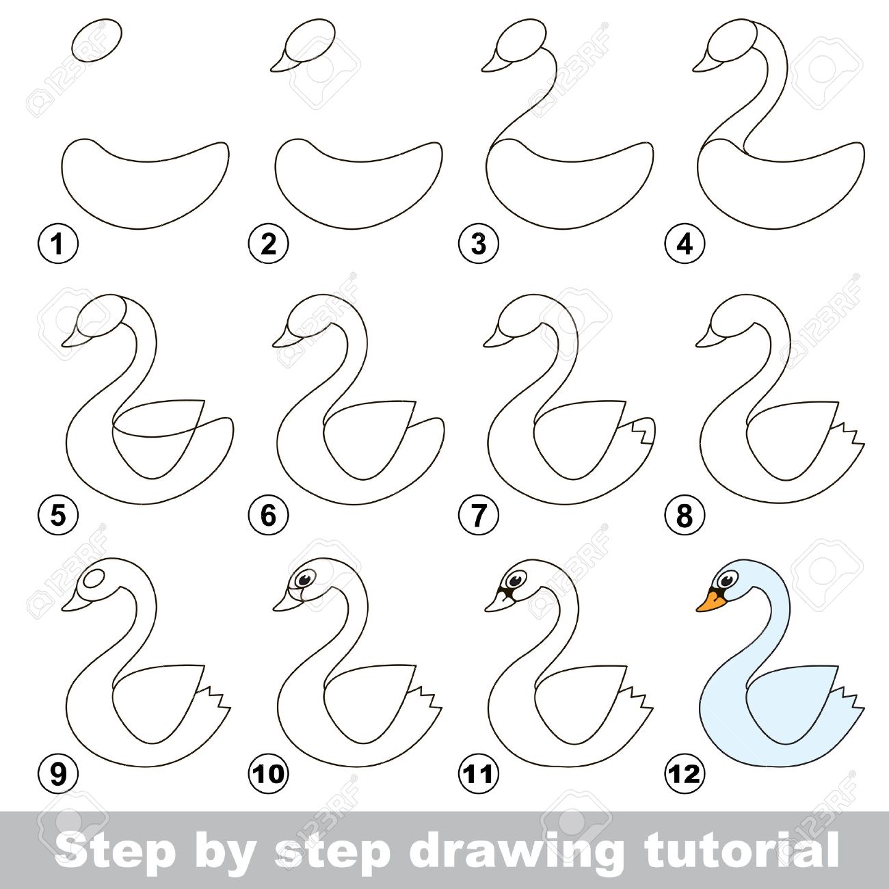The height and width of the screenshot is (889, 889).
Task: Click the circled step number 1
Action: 58,244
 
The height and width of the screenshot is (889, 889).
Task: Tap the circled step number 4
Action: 685,244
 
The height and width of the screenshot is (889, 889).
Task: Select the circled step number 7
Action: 478,515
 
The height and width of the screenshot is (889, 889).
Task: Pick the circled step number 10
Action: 269,773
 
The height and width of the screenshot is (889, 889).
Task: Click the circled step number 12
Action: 685,773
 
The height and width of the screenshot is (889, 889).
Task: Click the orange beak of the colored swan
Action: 711,602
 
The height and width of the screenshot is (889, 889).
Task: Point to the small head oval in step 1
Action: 97,42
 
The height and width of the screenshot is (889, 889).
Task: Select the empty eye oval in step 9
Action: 96,579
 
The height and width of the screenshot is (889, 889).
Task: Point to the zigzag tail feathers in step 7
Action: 643,432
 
